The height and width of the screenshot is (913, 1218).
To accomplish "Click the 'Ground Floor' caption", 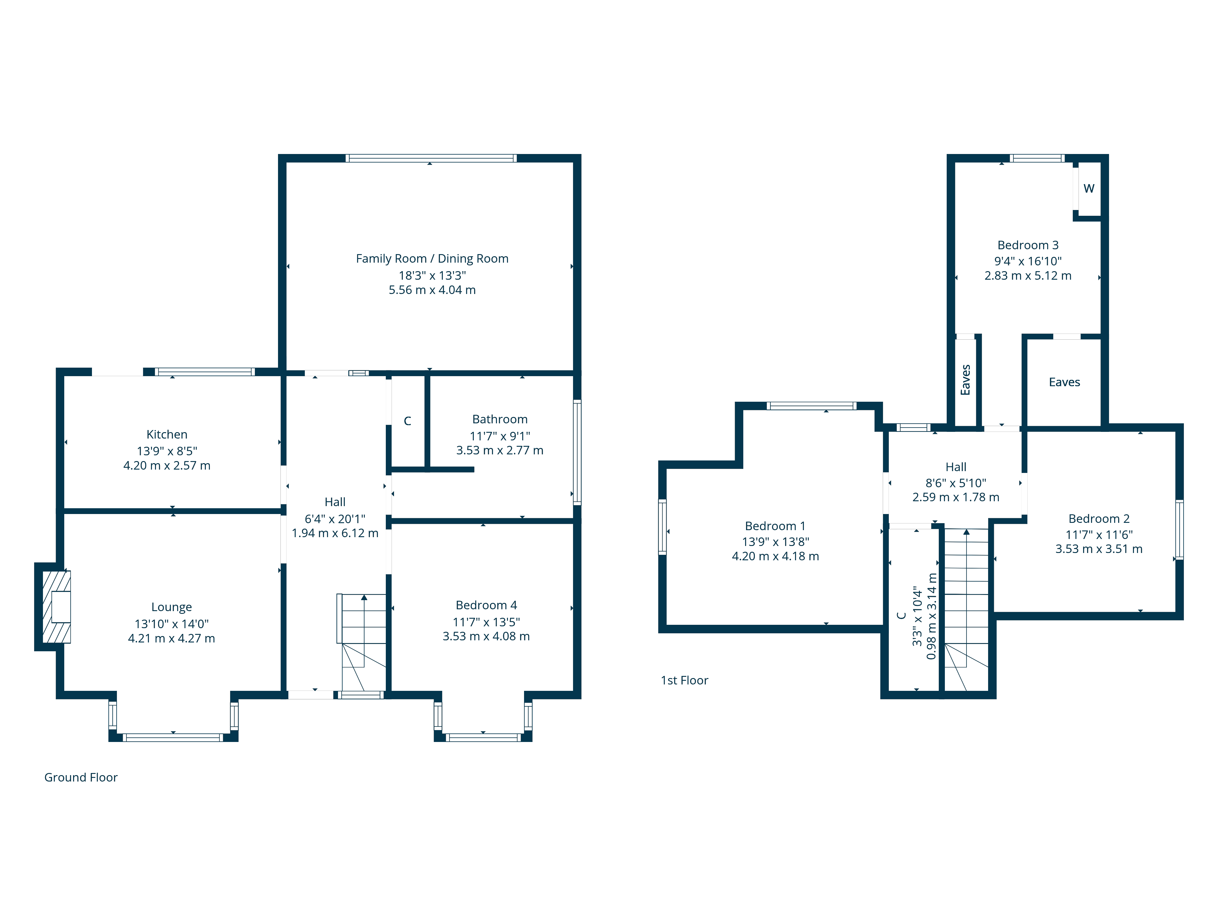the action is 81,777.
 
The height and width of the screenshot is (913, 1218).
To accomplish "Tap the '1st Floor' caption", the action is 685,680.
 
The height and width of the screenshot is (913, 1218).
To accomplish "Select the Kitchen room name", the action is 167,434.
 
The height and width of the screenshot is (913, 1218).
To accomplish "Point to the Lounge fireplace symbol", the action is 57,607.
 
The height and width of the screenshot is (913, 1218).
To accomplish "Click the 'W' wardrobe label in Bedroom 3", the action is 1089,188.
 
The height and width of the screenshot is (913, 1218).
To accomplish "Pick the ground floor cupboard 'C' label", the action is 407,421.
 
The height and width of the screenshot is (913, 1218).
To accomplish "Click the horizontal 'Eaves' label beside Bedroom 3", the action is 1064,382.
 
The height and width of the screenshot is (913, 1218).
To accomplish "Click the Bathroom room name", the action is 500,419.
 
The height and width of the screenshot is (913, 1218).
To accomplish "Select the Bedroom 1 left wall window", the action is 662,527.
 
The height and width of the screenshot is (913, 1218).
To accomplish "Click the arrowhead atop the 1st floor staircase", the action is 966,532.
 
